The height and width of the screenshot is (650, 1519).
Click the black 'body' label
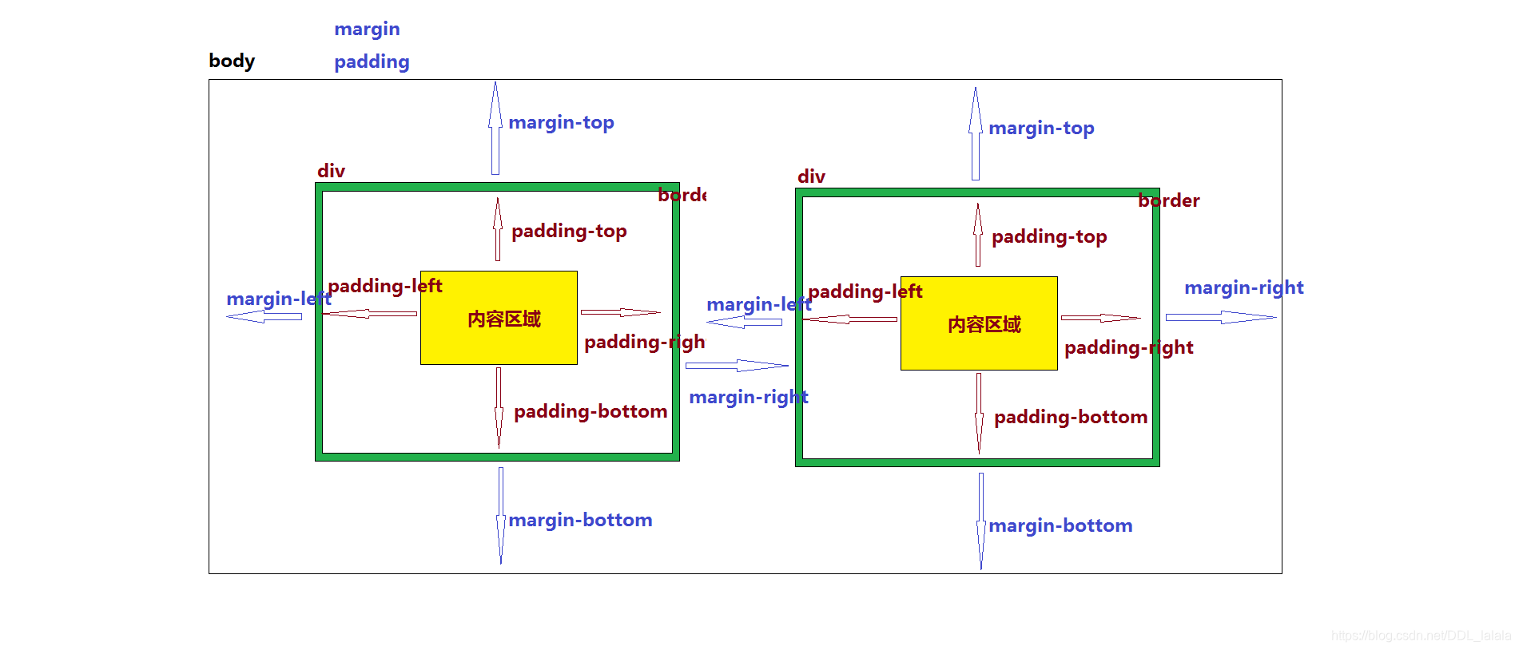pos(232,61)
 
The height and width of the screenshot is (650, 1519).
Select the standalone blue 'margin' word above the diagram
pos(367,29)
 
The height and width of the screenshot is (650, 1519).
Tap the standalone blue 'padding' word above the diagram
pos(372,61)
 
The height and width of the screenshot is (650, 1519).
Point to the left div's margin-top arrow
pos(495,128)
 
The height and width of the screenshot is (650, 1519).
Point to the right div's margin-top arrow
pos(976,133)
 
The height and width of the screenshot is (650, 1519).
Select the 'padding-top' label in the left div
pos(569,231)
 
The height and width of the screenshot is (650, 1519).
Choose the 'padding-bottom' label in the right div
pos(1071,417)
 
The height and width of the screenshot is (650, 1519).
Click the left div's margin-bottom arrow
pos(501,515)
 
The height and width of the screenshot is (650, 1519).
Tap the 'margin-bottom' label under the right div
pos(1060,525)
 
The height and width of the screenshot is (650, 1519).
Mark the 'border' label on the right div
pos(1168,200)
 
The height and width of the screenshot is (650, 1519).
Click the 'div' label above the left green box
pos(331,171)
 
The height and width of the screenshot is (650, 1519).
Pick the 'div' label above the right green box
pos(811,176)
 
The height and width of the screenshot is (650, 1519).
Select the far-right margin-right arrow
pos(1220,318)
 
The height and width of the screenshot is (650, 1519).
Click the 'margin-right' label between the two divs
pos(749,397)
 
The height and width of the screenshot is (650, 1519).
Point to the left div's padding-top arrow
pos(498,229)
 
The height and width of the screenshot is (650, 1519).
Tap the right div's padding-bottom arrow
pos(979,412)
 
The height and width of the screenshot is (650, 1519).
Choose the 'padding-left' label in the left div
pos(385,286)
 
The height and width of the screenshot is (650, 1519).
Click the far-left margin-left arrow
pos(264,317)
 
